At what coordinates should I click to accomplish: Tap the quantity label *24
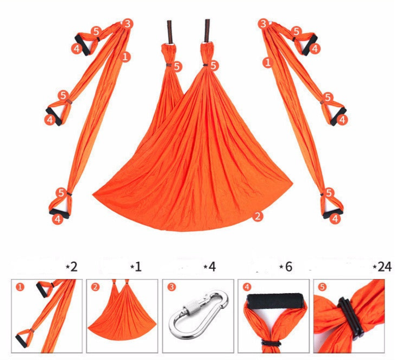[x=382, y=267]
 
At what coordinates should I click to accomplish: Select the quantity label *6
[x=286, y=267]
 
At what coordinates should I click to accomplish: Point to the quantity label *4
[x=210, y=267]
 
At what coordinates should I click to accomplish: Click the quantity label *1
[x=136, y=267]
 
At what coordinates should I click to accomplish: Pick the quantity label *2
[x=72, y=267]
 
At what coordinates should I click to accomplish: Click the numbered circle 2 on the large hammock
[x=258, y=216]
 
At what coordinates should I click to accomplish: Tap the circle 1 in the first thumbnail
[x=20, y=287]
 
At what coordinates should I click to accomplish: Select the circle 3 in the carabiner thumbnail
[x=172, y=287]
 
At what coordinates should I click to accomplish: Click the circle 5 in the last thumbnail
[x=322, y=287]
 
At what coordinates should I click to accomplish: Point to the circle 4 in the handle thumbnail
[x=247, y=287]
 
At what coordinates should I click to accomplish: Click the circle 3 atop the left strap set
[x=128, y=24]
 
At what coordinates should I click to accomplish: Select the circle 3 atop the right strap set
[x=264, y=24]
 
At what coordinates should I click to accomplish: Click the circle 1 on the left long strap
[x=125, y=56]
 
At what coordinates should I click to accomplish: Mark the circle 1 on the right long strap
[x=268, y=62]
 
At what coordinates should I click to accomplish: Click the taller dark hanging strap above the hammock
[x=208, y=30]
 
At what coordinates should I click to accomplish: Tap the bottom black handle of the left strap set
[x=59, y=213]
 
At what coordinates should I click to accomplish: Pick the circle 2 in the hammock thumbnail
[x=95, y=287]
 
